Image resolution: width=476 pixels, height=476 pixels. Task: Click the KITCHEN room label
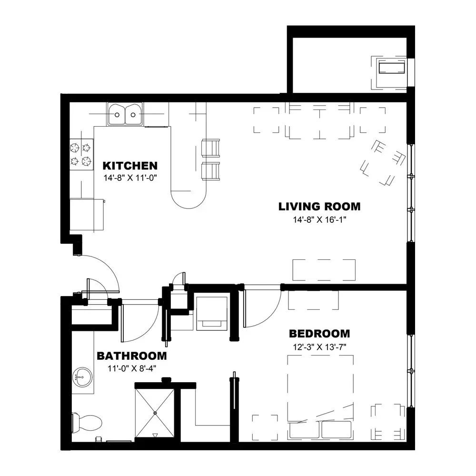pyautogui.click(x=130, y=166)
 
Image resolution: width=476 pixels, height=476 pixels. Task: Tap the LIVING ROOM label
pyautogui.click(x=319, y=207)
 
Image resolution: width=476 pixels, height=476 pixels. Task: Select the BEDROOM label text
pyautogui.click(x=319, y=334)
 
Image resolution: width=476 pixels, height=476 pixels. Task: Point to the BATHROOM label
pyautogui.click(x=132, y=356)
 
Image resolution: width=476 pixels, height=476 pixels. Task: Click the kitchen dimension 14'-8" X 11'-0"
pyautogui.click(x=130, y=178)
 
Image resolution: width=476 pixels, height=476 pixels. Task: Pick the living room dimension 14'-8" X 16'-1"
pyautogui.click(x=319, y=219)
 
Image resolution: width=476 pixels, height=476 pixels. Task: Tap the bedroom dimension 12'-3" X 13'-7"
pyautogui.click(x=319, y=347)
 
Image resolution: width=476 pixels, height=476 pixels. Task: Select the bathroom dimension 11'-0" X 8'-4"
pyautogui.click(x=132, y=368)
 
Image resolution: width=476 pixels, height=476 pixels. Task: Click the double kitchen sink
pyautogui.click(x=125, y=114)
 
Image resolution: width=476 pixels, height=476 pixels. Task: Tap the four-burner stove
pyautogui.click(x=81, y=154)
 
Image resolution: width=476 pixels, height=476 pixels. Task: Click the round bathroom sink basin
pyautogui.click(x=82, y=377)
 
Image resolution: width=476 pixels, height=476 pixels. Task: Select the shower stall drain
pyautogui.click(x=155, y=413)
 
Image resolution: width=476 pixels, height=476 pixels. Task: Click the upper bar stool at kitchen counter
pyautogui.click(x=211, y=148)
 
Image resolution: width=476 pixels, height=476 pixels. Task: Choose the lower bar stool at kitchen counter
pyautogui.click(x=211, y=171)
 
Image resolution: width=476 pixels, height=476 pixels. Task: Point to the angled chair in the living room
pyautogui.click(x=383, y=163)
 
